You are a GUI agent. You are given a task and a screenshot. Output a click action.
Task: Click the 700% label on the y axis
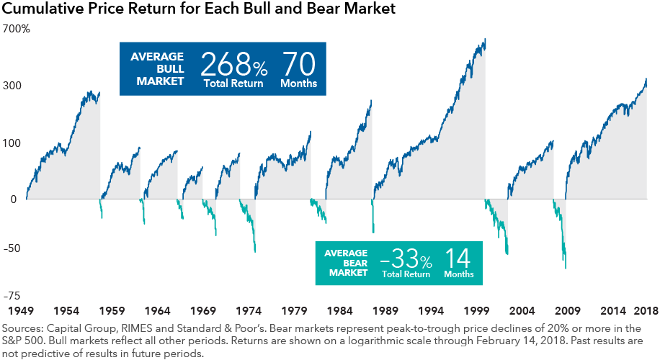click(16, 30)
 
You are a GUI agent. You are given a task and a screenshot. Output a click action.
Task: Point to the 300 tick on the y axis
click(13, 86)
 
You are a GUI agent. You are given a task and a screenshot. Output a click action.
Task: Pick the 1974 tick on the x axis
click(248, 311)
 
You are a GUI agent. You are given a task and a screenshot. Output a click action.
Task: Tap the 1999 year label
click(476, 311)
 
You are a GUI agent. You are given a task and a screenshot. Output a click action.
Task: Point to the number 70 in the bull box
click(298, 65)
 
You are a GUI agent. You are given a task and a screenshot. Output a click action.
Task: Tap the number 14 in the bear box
click(458, 257)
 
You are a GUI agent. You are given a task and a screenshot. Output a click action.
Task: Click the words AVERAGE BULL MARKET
click(156, 69)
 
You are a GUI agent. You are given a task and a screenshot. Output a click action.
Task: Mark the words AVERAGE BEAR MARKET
click(347, 263)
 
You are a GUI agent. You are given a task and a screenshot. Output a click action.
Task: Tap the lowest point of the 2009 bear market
click(566, 269)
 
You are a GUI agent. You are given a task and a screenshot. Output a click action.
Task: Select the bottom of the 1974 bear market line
click(255, 251)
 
